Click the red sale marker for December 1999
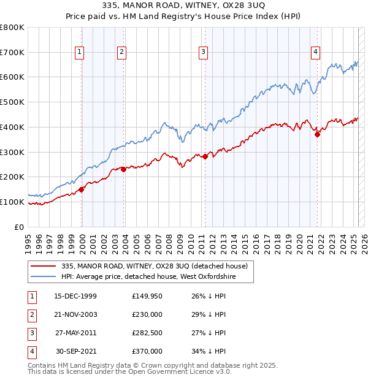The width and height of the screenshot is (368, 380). click(x=82, y=189)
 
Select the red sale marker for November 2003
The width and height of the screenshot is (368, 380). click(x=124, y=169)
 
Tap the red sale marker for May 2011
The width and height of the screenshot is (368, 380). click(x=205, y=156)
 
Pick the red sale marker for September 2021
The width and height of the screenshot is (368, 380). click(x=317, y=135)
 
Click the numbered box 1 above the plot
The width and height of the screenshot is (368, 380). click(x=80, y=53)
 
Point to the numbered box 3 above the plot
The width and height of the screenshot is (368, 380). click(x=202, y=53)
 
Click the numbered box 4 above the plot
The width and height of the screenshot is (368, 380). click(x=315, y=53)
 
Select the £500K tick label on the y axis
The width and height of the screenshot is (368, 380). click(x=12, y=102)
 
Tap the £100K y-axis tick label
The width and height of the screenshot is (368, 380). click(x=12, y=202)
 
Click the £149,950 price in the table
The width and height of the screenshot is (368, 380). click(x=147, y=296)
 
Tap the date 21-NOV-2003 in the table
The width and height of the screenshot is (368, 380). click(x=75, y=314)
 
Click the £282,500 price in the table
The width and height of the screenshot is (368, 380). click(x=147, y=333)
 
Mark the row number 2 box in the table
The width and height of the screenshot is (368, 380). click(x=31, y=314)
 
